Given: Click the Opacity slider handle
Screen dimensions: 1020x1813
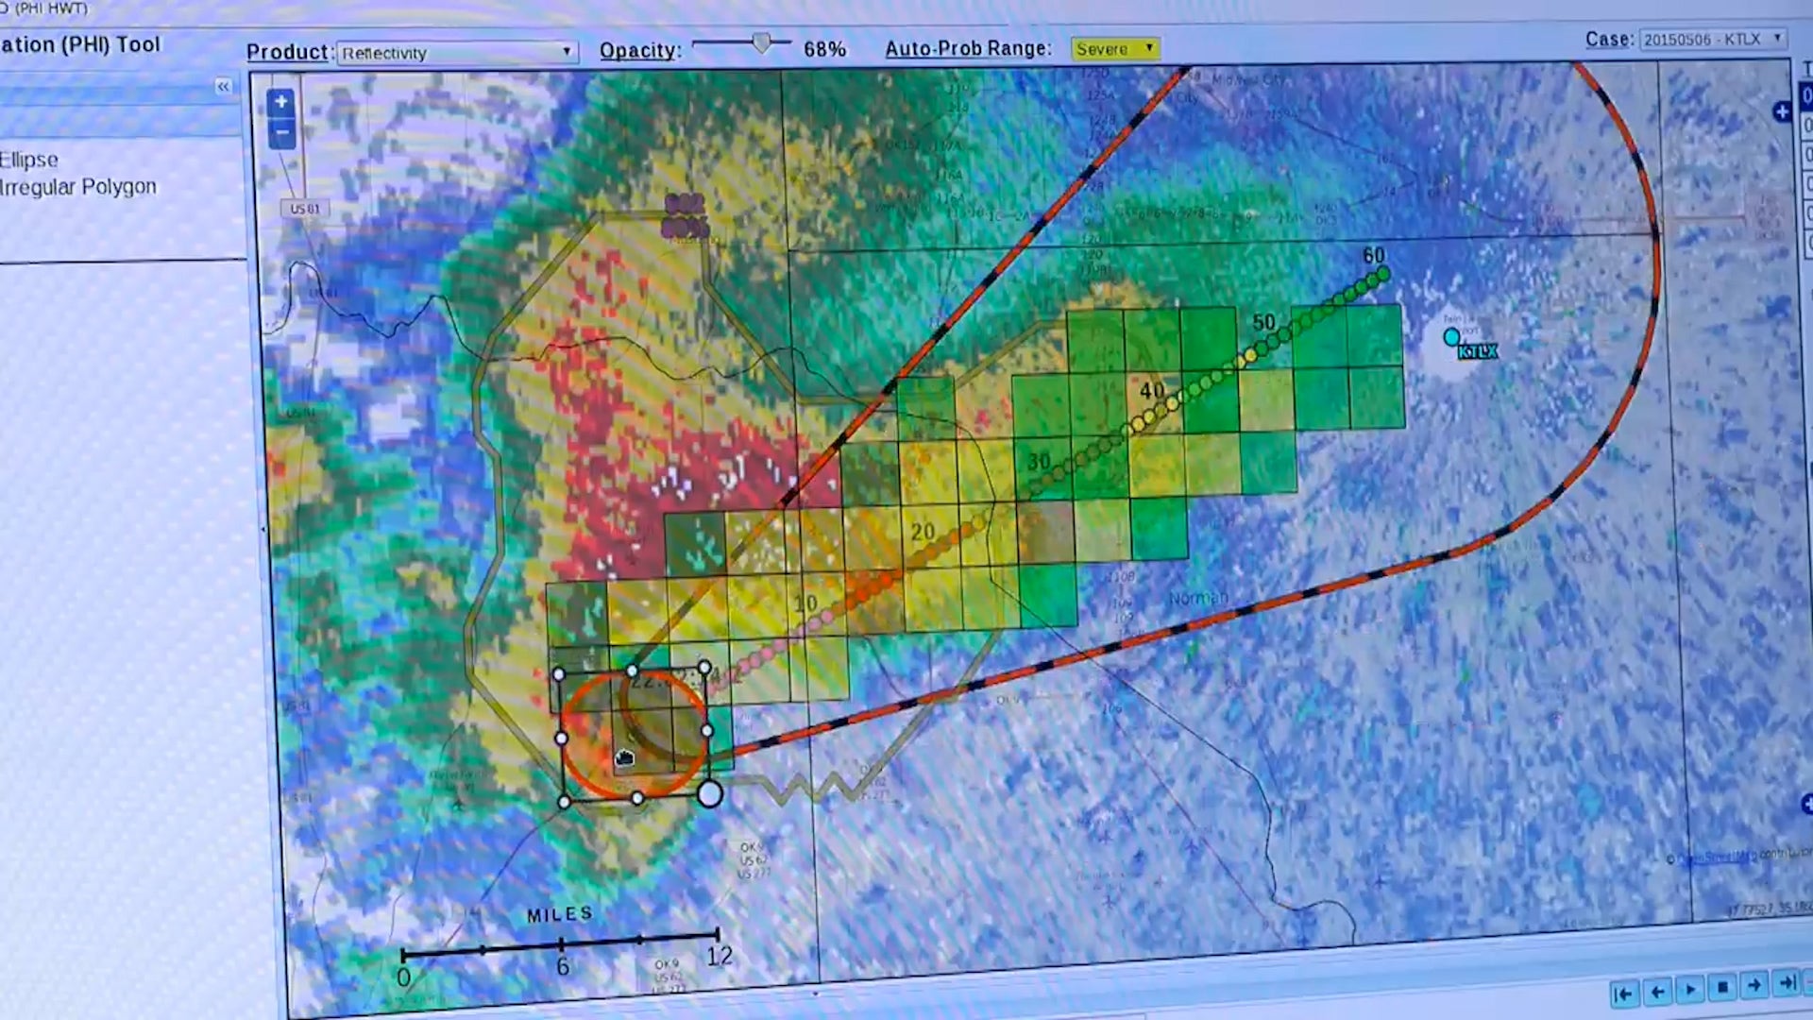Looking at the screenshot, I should pyautogui.click(x=761, y=42).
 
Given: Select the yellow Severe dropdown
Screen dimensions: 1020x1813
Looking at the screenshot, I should pyautogui.click(x=1114, y=48).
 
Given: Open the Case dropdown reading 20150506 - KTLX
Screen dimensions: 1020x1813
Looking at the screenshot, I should pyautogui.click(x=1712, y=40).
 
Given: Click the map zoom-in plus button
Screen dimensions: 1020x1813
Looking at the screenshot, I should pyautogui.click(x=280, y=102).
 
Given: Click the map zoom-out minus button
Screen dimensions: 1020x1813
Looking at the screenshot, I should pyautogui.click(x=280, y=133).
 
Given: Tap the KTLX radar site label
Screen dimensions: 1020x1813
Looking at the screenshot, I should pyautogui.click(x=1477, y=352).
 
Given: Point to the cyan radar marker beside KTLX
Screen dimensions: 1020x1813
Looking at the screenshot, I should pyautogui.click(x=1451, y=336).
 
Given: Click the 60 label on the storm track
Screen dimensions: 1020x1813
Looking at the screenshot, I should pyautogui.click(x=1373, y=256).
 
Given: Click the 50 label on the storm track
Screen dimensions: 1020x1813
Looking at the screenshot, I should pyautogui.click(x=1263, y=322).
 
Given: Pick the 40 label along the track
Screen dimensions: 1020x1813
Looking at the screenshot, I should pyautogui.click(x=1151, y=390).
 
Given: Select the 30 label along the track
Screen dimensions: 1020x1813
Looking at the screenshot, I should pyautogui.click(x=1039, y=461).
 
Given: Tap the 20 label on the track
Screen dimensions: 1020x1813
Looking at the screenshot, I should pyautogui.click(x=923, y=532).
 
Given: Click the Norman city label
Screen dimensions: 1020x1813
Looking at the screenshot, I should pyautogui.click(x=1197, y=598).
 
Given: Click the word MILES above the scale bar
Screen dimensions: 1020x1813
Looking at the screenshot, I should pyautogui.click(x=560, y=914).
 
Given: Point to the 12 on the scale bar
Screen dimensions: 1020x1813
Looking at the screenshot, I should pyautogui.click(x=720, y=956).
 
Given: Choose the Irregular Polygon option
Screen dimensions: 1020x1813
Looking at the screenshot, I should pyautogui.click(x=79, y=187).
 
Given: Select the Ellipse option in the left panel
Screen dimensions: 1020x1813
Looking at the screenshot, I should pyautogui.click(x=30, y=160).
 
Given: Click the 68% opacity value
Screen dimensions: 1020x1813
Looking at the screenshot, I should pyautogui.click(x=824, y=49).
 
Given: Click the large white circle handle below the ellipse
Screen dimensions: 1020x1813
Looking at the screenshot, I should pyautogui.click(x=710, y=794).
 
